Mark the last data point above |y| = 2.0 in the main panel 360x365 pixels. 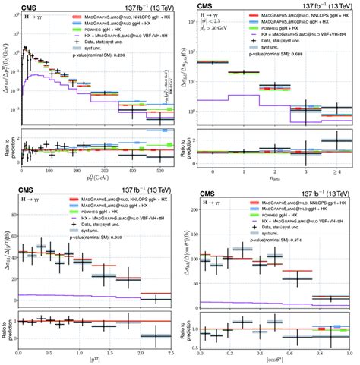155,299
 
